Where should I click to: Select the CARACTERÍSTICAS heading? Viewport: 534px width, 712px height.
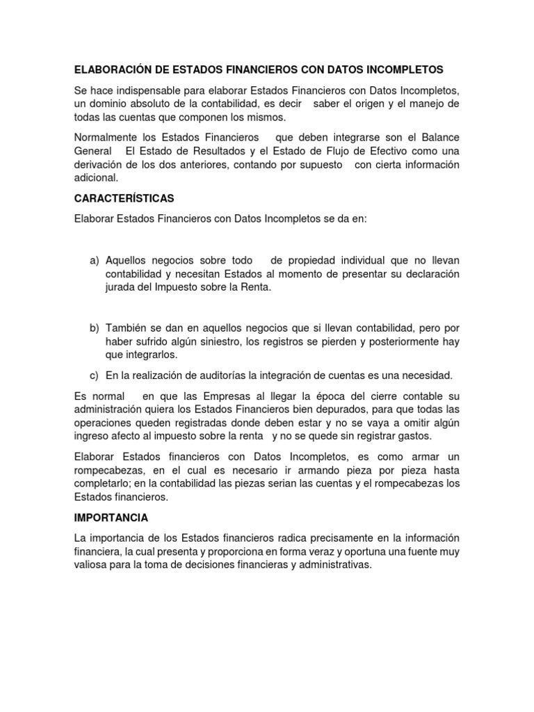(x=124, y=198)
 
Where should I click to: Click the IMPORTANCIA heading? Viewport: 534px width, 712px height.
(x=111, y=518)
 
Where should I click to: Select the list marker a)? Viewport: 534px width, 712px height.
(x=95, y=261)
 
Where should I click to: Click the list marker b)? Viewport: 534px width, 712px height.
(x=95, y=327)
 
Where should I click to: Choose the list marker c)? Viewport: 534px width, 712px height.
(x=95, y=375)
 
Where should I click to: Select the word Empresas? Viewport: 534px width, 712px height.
(x=218, y=396)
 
